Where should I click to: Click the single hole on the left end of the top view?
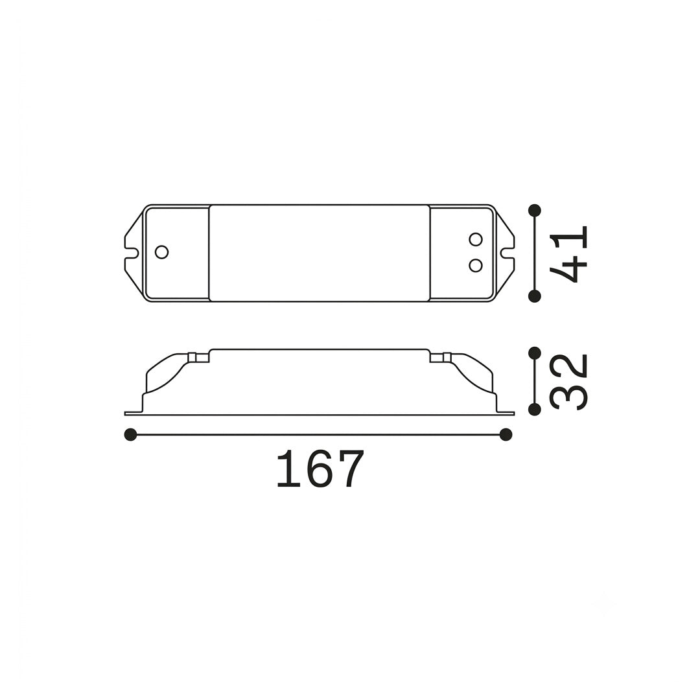(161, 251)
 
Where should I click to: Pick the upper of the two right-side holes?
(476, 239)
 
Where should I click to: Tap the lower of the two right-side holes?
(476, 266)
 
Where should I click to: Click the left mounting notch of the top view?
(131, 253)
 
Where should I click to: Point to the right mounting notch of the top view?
(507, 253)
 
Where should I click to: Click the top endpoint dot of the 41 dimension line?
(534, 211)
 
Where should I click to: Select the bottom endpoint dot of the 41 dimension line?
(534, 296)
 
